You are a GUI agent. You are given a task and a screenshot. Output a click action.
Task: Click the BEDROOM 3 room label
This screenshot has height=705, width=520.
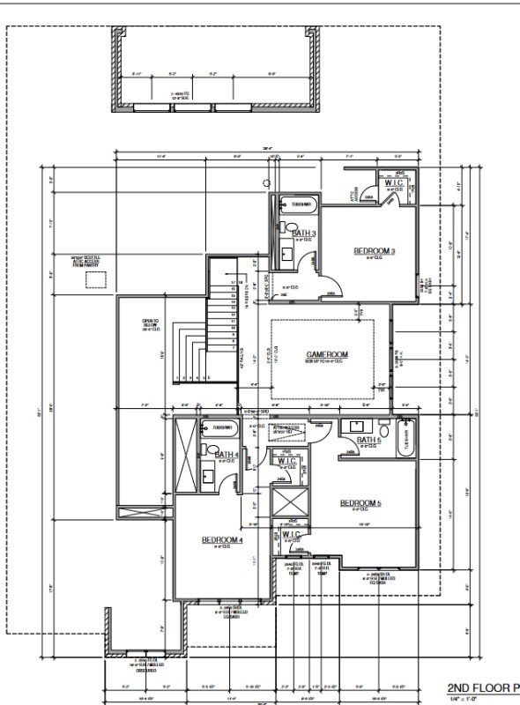375,251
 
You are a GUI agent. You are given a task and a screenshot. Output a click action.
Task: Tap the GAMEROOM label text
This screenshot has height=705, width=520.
327,354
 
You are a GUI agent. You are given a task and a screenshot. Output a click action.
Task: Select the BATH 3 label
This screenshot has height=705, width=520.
304,233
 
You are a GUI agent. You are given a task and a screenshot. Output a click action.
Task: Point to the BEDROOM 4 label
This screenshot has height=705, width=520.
221,539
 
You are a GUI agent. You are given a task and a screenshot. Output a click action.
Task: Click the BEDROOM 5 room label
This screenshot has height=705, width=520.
360,503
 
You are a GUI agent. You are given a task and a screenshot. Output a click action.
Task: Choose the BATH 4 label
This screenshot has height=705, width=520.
227,454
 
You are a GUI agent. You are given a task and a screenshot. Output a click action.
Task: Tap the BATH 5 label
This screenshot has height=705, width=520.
368,440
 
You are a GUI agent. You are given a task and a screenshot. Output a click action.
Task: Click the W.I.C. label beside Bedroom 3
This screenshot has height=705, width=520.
394,183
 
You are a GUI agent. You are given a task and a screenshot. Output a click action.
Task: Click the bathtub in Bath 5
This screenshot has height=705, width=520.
407,437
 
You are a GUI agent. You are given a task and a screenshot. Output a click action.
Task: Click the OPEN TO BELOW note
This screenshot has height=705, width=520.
150,323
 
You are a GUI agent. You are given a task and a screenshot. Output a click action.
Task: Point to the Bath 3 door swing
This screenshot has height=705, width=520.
306,262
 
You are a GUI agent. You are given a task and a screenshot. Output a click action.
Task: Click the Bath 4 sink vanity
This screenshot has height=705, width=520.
209,477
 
